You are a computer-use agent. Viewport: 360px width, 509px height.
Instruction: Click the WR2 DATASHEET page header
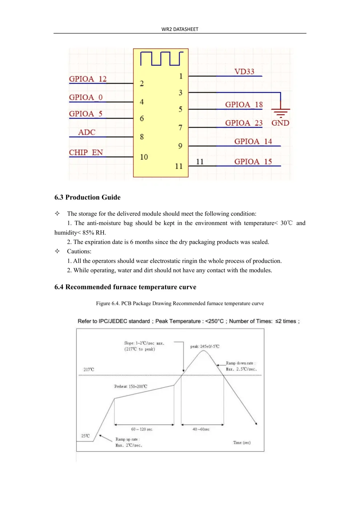180,29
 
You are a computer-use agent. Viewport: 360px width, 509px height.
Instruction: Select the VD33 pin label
244,72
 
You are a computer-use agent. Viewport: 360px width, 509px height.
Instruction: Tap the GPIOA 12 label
88,79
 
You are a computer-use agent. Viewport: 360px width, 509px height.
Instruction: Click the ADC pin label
87,132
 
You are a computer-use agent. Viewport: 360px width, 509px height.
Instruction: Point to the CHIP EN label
86,152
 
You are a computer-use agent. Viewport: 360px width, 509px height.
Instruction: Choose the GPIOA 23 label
244,123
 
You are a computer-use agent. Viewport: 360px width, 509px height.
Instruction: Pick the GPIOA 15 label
253,161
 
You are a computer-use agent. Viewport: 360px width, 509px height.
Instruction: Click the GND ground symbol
280,113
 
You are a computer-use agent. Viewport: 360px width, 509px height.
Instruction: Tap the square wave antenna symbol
161,59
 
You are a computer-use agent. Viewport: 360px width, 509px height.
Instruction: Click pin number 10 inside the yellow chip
144,157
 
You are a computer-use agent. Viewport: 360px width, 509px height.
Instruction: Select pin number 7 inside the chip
180,128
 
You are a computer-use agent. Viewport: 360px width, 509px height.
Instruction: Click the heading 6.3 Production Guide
87,197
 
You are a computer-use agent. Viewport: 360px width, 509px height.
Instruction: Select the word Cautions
79,251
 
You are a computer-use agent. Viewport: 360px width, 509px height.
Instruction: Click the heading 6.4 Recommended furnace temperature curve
125,287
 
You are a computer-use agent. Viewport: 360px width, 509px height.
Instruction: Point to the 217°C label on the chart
89,369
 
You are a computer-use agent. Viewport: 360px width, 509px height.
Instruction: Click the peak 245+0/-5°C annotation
205,346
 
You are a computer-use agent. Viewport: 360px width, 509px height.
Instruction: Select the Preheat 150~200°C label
131,386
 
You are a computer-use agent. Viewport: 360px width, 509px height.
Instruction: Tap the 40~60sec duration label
201,429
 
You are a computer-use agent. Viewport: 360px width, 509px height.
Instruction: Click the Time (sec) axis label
242,442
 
